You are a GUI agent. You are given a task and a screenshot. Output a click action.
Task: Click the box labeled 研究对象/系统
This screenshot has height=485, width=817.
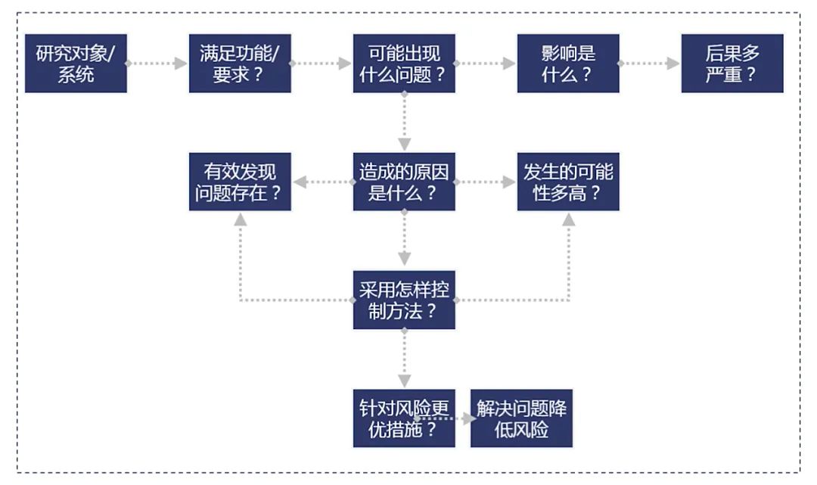click(76, 64)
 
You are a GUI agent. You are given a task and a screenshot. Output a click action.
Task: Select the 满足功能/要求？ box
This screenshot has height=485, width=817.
click(240, 64)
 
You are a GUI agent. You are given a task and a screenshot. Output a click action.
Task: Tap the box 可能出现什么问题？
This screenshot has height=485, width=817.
click(404, 64)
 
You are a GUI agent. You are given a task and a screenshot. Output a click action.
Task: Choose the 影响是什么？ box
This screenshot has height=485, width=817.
click(568, 64)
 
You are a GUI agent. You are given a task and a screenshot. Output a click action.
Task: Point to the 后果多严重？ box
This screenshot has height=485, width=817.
click(732, 64)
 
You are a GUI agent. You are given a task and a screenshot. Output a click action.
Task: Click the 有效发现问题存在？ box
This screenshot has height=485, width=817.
click(240, 182)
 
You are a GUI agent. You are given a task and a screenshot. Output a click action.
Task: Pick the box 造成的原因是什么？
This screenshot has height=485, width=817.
click(404, 182)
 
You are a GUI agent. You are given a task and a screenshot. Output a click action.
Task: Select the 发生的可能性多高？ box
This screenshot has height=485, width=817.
click(568, 182)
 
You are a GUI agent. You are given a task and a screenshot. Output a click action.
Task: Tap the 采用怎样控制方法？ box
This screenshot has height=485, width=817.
click(404, 300)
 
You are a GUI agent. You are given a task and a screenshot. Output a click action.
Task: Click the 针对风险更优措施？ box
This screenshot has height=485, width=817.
click(404, 418)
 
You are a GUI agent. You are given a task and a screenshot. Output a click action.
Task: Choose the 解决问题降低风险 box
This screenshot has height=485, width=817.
click(522, 418)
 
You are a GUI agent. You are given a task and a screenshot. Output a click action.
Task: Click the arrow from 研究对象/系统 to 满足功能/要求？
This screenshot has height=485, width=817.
click(157, 64)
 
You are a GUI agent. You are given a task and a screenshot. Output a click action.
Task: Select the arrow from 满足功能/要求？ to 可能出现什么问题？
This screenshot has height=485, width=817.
click(322, 64)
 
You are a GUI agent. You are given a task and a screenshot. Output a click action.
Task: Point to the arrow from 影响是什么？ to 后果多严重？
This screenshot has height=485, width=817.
click(650, 64)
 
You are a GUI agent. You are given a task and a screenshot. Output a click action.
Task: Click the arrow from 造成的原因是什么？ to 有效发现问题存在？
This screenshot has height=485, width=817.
click(322, 182)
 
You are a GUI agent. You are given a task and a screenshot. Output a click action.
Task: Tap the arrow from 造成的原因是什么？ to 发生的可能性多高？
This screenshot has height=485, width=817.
click(486, 182)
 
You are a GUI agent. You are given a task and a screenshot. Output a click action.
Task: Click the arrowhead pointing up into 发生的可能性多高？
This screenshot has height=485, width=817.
click(568, 219)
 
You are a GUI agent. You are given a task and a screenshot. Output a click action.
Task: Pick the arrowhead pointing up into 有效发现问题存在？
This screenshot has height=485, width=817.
click(241, 219)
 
